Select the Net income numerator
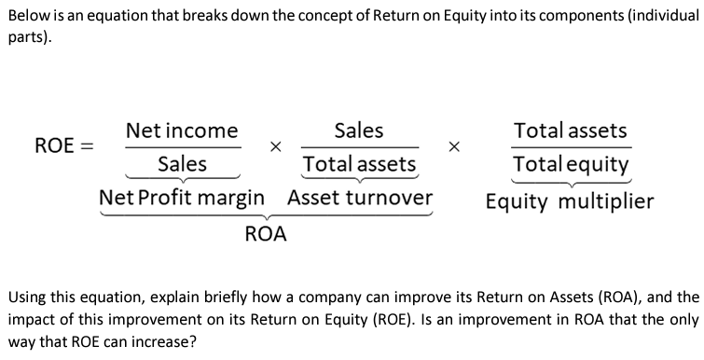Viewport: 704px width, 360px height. (x=182, y=131)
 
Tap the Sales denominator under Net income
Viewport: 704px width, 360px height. (x=182, y=164)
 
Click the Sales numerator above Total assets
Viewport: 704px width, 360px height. (x=359, y=131)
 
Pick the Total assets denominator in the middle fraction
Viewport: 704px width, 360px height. (x=359, y=165)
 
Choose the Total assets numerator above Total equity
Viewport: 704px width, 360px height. (x=571, y=131)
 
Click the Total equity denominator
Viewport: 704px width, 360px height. (x=571, y=165)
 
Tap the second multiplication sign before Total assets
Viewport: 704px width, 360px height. (x=454, y=147)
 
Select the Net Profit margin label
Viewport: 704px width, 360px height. (x=182, y=199)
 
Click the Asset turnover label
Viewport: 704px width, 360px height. (x=360, y=199)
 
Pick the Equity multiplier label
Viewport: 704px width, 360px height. (x=570, y=201)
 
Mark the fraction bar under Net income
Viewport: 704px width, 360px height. (x=182, y=147)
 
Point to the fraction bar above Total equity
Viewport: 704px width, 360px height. (x=571, y=147)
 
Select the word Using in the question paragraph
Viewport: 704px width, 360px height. (x=26, y=298)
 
